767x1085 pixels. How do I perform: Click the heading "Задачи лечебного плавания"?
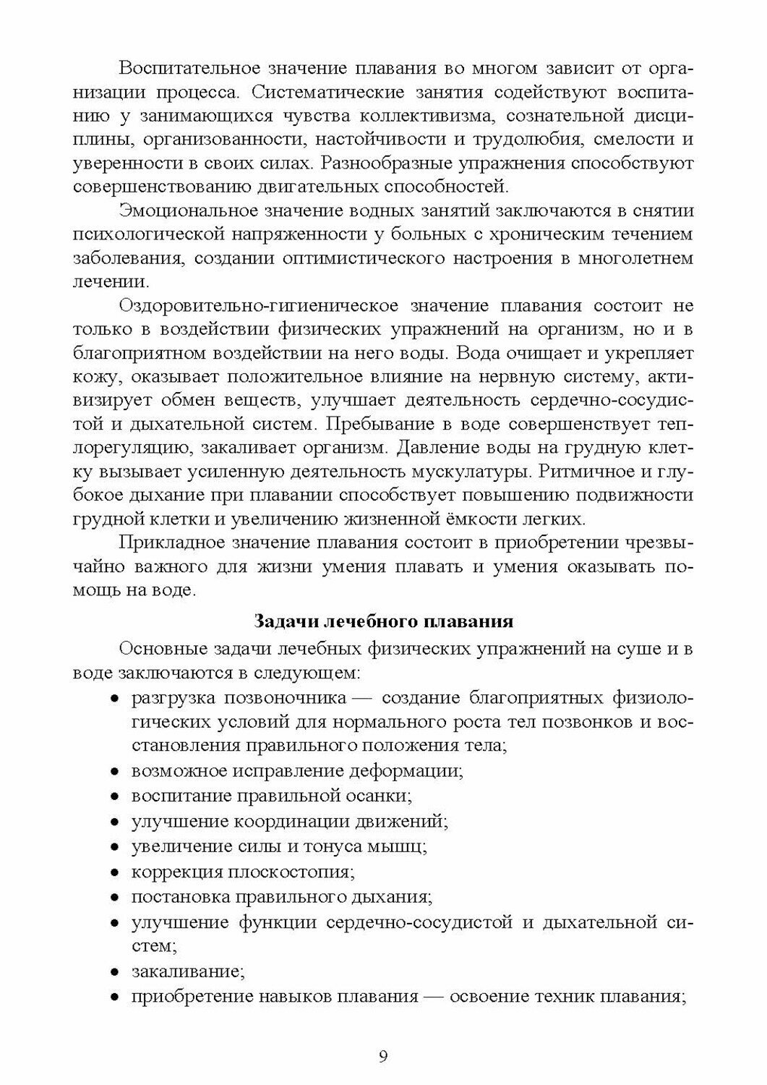pos(383,622)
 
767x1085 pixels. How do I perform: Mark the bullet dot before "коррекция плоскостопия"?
pos(115,873)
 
